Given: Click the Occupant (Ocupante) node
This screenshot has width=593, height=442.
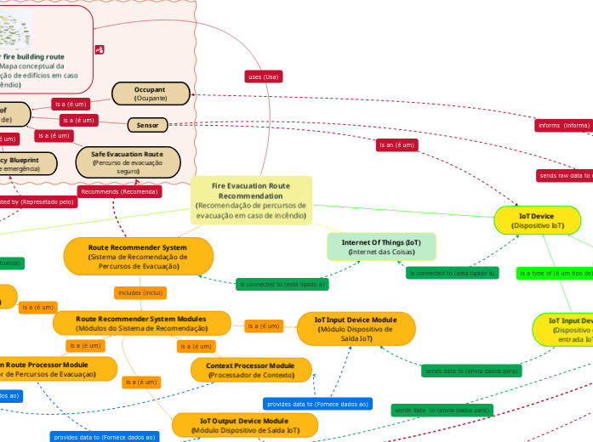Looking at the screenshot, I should coord(151,93).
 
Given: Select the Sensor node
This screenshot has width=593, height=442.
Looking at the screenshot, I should coord(148,125).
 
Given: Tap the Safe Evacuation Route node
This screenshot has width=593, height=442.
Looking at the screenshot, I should coord(128,162).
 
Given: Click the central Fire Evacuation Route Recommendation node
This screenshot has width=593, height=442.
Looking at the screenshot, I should coord(251,201).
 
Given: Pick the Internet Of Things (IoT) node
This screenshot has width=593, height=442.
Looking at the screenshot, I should coord(381,246).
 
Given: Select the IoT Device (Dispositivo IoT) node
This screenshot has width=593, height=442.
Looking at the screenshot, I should coord(537,221).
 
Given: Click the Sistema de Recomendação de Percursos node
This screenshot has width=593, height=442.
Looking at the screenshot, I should coord(138,256).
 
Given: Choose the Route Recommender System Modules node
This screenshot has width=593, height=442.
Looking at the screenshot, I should coord(142,323).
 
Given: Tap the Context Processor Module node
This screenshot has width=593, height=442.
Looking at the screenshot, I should coord(250,370).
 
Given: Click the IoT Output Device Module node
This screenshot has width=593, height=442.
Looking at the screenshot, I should coord(244,425).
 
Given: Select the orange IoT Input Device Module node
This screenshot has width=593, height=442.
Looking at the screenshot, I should coord(356,328).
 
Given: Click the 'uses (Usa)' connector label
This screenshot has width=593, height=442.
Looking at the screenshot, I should coord(263,76).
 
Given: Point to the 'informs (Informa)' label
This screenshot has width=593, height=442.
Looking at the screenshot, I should coord(563,125).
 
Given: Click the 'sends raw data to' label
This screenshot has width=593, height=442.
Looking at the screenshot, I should coord(564,176).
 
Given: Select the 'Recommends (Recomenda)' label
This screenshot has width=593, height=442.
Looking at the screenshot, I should coord(119,191).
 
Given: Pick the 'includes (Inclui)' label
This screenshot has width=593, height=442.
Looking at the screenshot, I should coord(140,293).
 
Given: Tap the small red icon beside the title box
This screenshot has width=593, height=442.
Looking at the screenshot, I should coord(100,50).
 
